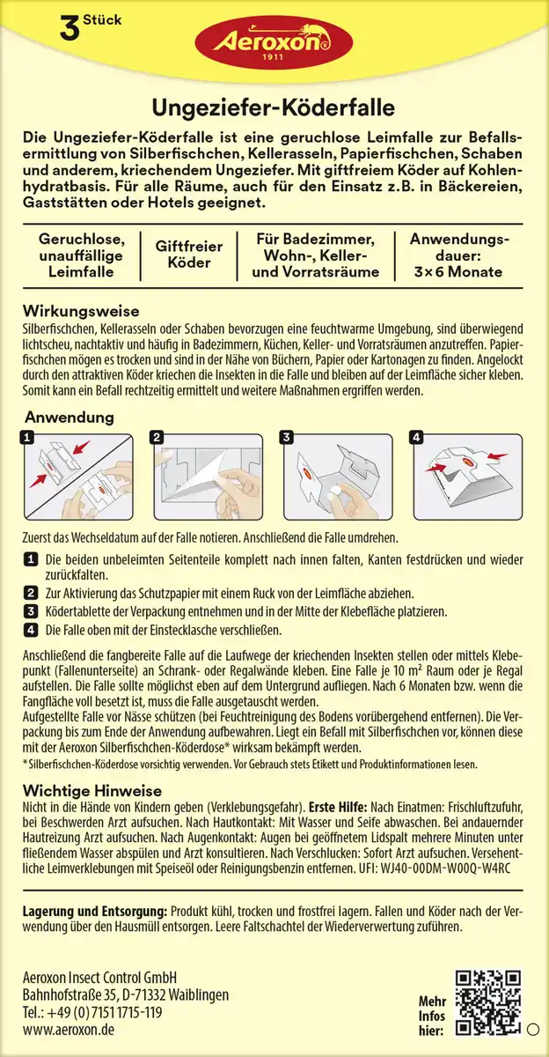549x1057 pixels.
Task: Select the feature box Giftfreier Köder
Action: pyautogui.click(x=189, y=255)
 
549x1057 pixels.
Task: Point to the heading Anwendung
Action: pyautogui.click(x=69, y=417)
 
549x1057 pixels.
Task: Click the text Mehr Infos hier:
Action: pyautogui.click(x=432, y=1016)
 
